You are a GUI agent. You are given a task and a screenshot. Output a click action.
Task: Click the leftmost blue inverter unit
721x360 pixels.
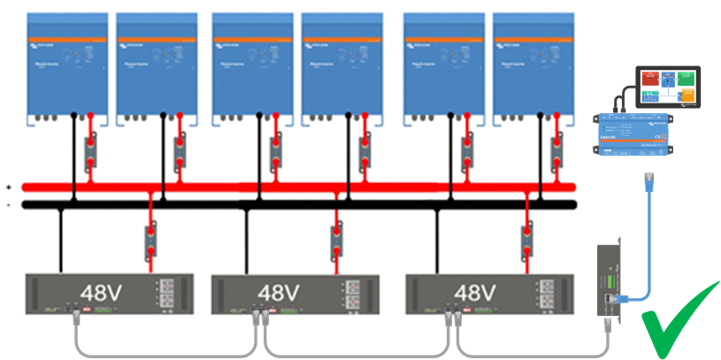[67, 66]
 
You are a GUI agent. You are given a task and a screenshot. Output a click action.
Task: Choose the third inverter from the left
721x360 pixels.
[251, 66]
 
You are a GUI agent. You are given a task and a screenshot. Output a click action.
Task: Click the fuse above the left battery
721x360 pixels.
[150, 241]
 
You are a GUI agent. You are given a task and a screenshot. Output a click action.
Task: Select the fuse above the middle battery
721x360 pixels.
[336, 241]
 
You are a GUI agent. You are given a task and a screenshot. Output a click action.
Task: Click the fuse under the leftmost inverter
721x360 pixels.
[90, 152]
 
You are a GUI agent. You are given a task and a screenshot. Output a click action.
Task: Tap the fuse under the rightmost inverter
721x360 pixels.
[556, 152]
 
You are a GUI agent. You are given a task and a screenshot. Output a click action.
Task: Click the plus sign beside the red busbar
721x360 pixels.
[8, 188]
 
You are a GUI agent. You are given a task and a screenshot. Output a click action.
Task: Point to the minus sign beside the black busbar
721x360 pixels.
[8, 204]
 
